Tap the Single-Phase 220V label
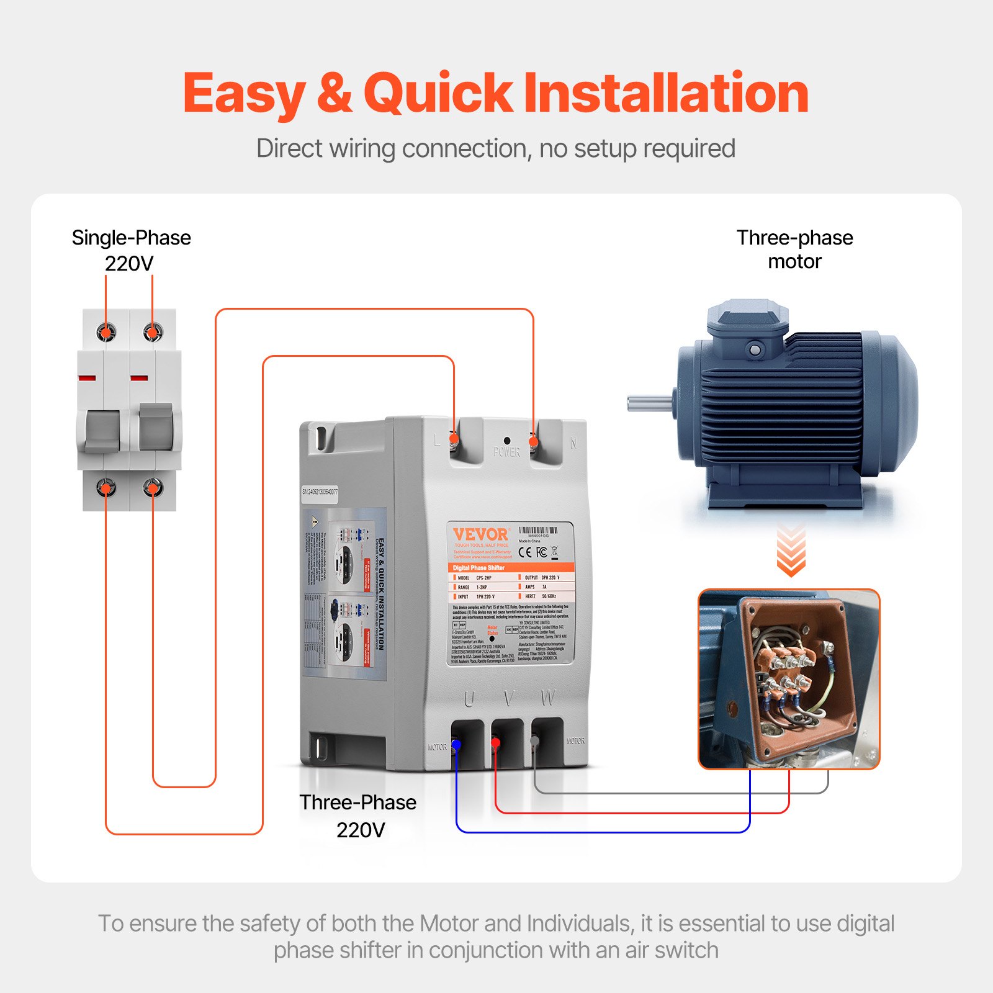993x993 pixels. click(x=131, y=249)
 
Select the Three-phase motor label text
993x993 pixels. click(x=794, y=249)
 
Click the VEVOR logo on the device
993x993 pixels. click(x=480, y=534)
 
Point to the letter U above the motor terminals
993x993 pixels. click(x=469, y=699)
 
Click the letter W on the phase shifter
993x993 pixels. click(x=547, y=698)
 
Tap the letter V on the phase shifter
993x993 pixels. click(x=508, y=699)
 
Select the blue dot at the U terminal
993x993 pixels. click(x=456, y=744)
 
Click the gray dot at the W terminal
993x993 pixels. click(x=534, y=740)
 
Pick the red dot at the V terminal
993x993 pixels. click(x=496, y=742)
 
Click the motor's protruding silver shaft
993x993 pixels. click(x=649, y=403)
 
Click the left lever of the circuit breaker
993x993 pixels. click(x=102, y=429)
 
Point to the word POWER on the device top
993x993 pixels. click(x=506, y=452)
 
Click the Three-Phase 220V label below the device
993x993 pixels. click(x=358, y=816)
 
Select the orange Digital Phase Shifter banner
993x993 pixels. click(x=511, y=567)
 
